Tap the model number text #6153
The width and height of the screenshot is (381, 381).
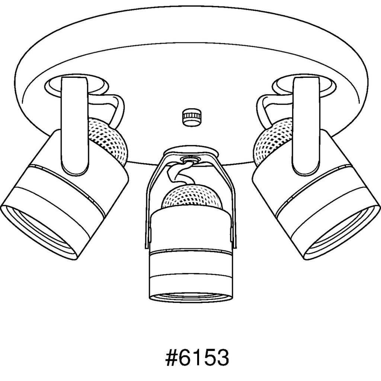(x=197, y=358)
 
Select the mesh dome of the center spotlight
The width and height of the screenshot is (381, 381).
(x=192, y=197)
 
